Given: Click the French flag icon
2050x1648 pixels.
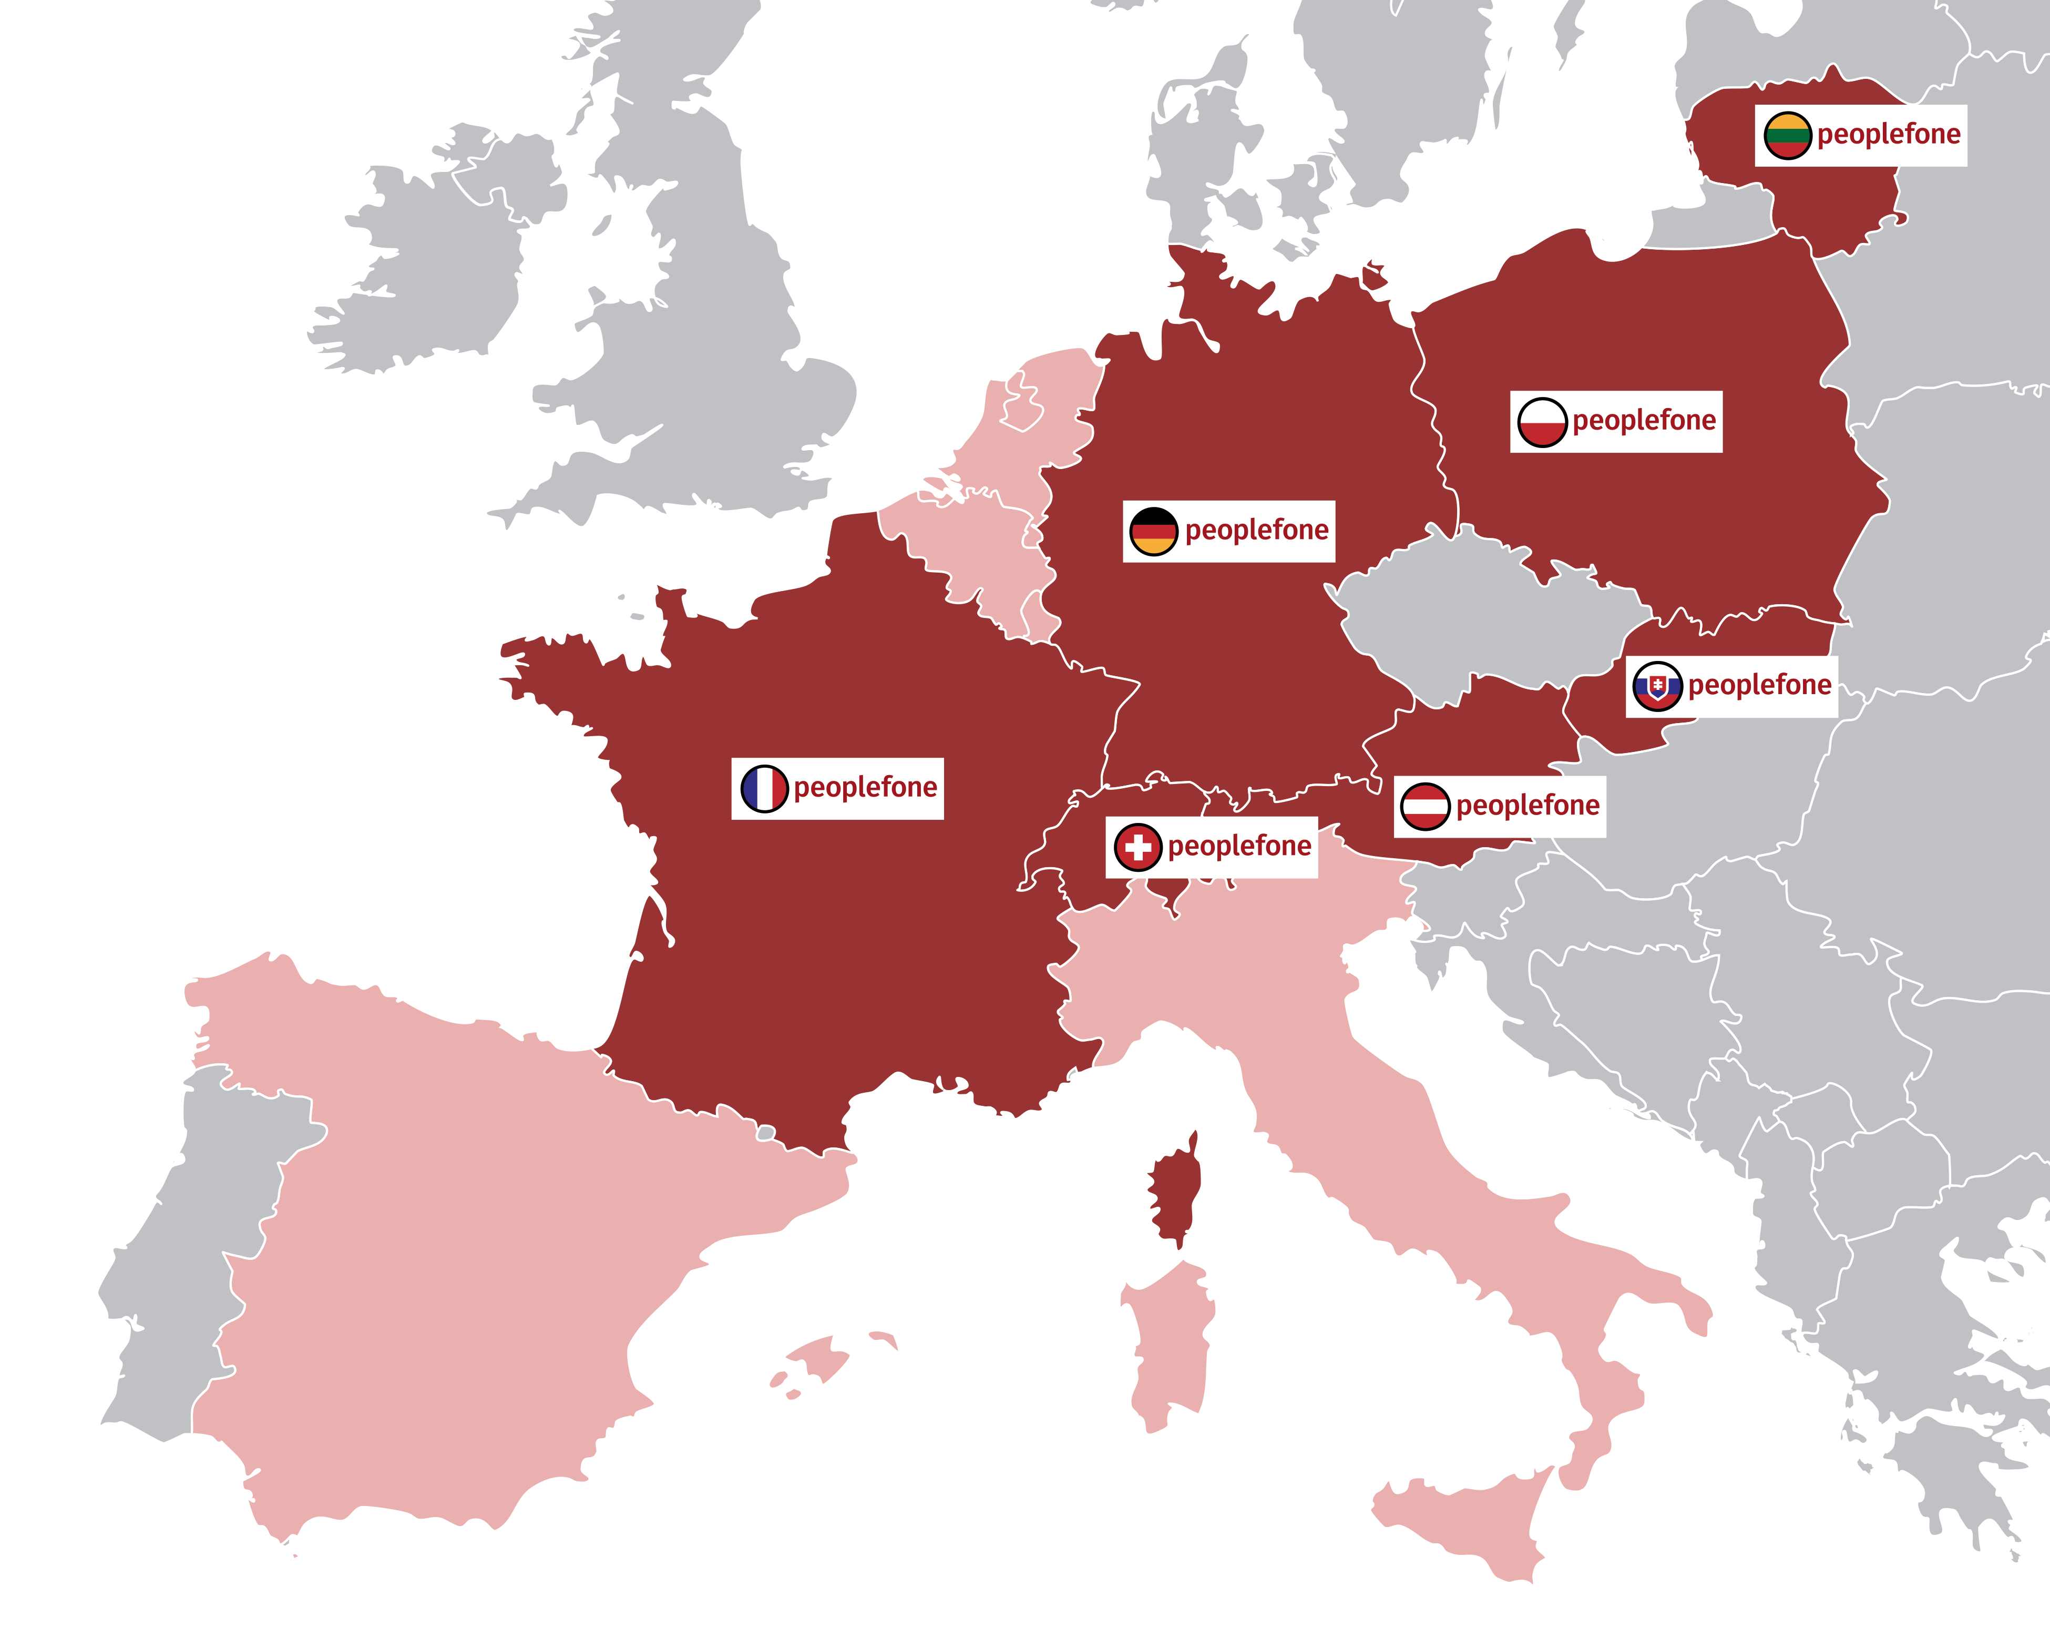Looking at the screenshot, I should click(x=764, y=788).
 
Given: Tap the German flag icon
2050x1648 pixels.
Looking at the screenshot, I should click(x=1153, y=531).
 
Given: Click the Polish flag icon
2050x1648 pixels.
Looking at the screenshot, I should click(x=1541, y=421).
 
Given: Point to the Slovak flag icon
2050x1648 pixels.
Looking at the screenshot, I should click(x=1657, y=686).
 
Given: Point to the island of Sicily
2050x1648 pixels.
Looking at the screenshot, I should click(x=1464, y=1521).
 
